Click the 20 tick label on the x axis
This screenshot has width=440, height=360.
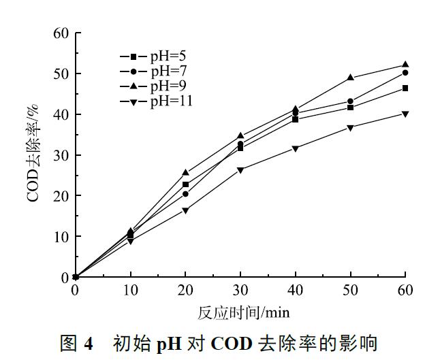coord(185,291)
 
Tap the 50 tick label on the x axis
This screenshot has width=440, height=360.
coord(350,291)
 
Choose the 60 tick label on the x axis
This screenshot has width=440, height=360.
coord(405,291)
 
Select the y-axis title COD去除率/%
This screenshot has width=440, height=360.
coord(33,155)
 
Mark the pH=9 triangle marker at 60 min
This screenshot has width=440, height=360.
coord(405,65)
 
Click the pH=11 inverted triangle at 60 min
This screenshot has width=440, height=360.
coord(405,114)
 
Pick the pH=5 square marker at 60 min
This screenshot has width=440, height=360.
coord(405,88)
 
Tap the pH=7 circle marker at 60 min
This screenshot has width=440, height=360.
coord(405,73)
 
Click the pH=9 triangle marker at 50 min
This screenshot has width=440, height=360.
coord(350,78)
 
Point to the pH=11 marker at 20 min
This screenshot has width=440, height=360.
coord(185,210)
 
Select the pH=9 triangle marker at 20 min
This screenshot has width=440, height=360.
coord(185,173)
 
